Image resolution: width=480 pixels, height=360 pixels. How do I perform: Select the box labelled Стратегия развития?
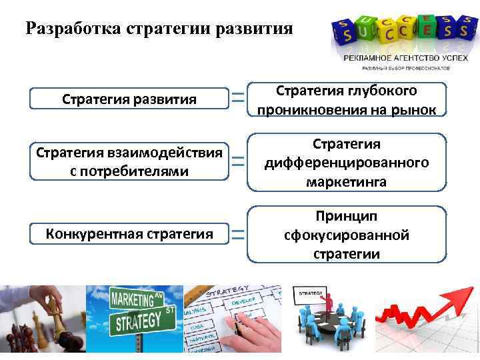pyautogui.click(x=129, y=99)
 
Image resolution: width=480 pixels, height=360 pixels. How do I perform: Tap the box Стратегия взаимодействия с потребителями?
pyautogui.click(x=129, y=161)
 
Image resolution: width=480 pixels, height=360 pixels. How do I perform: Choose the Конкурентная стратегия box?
pyautogui.click(x=129, y=234)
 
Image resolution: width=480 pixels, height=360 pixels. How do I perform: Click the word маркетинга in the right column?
pyautogui.click(x=347, y=181)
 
